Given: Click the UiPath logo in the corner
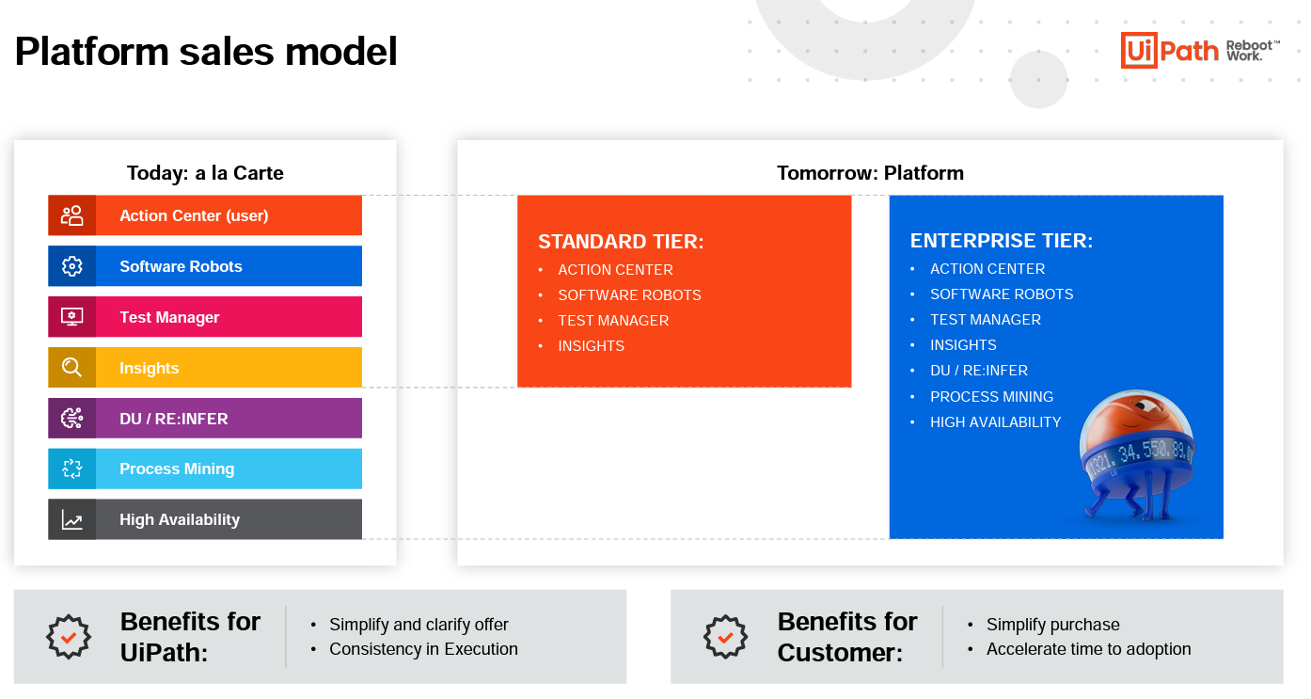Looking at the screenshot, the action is tap(1200, 51).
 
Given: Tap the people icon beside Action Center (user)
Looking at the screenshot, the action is tap(72, 215).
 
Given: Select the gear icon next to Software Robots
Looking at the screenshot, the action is tap(72, 266).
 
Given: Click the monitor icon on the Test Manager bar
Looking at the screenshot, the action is tap(72, 317).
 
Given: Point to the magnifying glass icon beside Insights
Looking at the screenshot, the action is tap(72, 368).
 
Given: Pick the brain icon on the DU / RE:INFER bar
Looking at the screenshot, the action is tap(72, 418).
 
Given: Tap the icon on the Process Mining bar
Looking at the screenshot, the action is tap(72, 469).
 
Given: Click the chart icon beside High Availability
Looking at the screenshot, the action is tap(72, 520).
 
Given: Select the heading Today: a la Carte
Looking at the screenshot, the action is tap(205, 173).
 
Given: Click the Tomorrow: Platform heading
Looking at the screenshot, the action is tap(870, 173).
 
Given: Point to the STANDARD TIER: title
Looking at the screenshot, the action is tap(621, 241).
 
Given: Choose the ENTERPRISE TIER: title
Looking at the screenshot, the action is tap(1001, 241).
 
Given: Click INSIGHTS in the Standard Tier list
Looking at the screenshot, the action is tap(592, 346).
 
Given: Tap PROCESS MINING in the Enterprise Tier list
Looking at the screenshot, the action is tap(991, 396).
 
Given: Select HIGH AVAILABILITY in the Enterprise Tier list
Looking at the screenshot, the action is tap(996, 422).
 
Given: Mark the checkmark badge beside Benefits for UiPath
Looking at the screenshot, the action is tap(69, 637).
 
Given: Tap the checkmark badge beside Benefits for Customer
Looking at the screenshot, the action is tap(725, 637).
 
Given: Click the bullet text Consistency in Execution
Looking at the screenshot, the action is tap(423, 649).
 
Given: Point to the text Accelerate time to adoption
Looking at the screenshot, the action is tap(1089, 649).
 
